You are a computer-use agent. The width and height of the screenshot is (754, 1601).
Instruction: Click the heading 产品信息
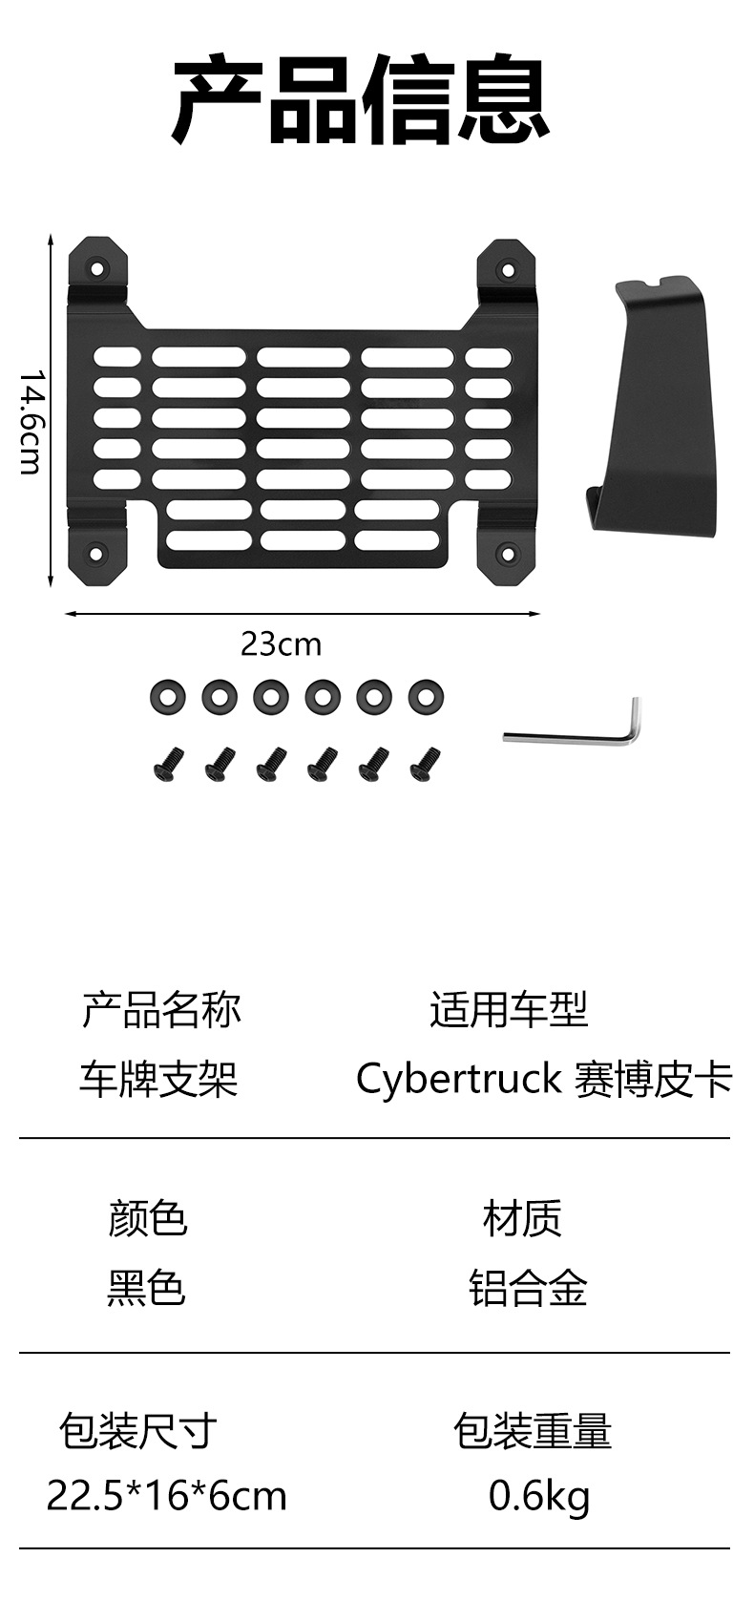361,98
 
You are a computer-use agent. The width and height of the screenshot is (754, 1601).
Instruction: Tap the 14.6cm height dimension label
31,422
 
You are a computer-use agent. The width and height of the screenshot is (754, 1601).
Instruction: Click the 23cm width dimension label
281,644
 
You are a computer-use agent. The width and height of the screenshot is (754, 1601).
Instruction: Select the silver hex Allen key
573,724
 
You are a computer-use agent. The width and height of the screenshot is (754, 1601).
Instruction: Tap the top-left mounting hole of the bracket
94,268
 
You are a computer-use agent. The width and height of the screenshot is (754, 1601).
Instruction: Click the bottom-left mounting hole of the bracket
94,552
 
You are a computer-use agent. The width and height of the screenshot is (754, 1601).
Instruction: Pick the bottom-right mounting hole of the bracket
507,553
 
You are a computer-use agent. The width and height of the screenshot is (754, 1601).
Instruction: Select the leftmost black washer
168,697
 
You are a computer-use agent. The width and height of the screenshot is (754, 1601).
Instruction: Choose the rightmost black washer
426,697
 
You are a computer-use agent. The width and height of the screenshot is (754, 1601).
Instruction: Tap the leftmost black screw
169,764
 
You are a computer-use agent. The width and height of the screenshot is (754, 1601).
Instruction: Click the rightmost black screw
426,764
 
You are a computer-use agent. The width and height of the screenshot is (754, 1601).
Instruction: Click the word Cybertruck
459,1080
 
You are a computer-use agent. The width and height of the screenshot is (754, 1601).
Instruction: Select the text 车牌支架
157,1079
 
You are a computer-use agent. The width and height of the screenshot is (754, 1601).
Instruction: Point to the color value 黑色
147,1287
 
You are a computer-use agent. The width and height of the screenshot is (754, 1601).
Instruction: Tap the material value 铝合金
528,1287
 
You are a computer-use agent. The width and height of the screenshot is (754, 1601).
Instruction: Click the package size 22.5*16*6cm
166,1496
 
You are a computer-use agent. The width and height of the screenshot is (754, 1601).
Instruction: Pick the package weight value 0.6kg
539,1497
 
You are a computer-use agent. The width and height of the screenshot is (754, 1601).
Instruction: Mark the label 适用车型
509,1009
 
